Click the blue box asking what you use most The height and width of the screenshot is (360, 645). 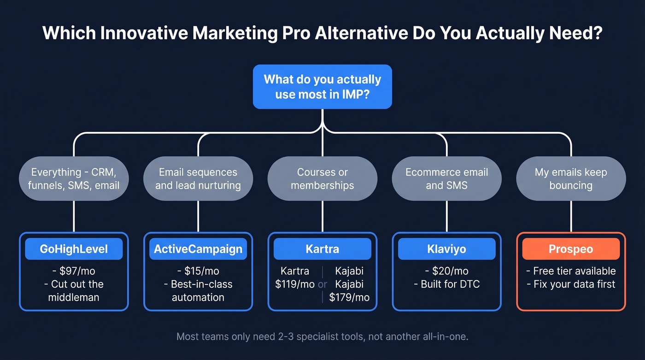[x=322, y=87]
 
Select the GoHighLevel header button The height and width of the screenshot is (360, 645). [x=74, y=249]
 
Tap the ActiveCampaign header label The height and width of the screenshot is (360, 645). [x=198, y=249]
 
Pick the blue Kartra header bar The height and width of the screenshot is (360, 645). [x=322, y=249]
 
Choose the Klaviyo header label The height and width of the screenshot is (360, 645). [x=446, y=249]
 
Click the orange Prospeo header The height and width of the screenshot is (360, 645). [x=571, y=249]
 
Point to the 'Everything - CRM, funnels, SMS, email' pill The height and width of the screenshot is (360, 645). [x=74, y=178]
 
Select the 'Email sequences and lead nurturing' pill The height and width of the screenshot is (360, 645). [x=198, y=178]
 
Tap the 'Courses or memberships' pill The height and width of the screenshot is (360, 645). [x=322, y=178]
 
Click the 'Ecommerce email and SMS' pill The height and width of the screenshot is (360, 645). [x=446, y=178]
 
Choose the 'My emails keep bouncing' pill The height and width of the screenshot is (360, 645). [x=571, y=178]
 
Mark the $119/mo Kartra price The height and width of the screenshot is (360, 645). [x=295, y=284]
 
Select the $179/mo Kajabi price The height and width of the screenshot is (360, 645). [x=349, y=297]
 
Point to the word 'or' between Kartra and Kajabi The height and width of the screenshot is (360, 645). [x=322, y=284]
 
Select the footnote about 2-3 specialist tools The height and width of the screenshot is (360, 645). [x=322, y=337]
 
